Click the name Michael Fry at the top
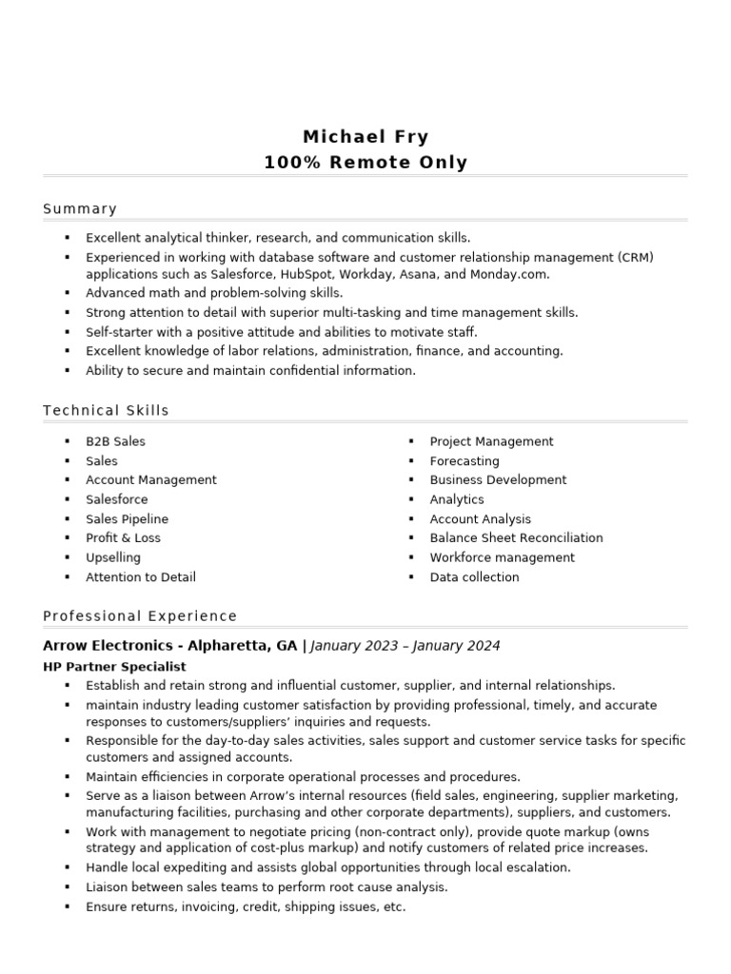pyautogui.click(x=365, y=137)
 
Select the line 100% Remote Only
pyautogui.click(x=365, y=163)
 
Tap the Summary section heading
pyautogui.click(x=80, y=209)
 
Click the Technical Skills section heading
pyautogui.click(x=106, y=411)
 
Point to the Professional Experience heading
pyautogui.click(x=140, y=616)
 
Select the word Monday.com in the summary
pyautogui.click(x=509, y=274)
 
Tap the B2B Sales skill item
pyautogui.click(x=115, y=441)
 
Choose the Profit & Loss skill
pyautogui.click(x=123, y=538)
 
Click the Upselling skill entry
pyautogui.click(x=112, y=557)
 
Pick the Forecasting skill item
pyautogui.click(x=464, y=461)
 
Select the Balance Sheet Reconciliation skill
pyautogui.click(x=516, y=538)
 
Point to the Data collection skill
pyautogui.click(x=474, y=577)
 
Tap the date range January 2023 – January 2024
pyautogui.click(x=405, y=646)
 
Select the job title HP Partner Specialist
pyautogui.click(x=114, y=667)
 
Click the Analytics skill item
pyautogui.click(x=457, y=499)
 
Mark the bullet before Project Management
pyautogui.click(x=411, y=442)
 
